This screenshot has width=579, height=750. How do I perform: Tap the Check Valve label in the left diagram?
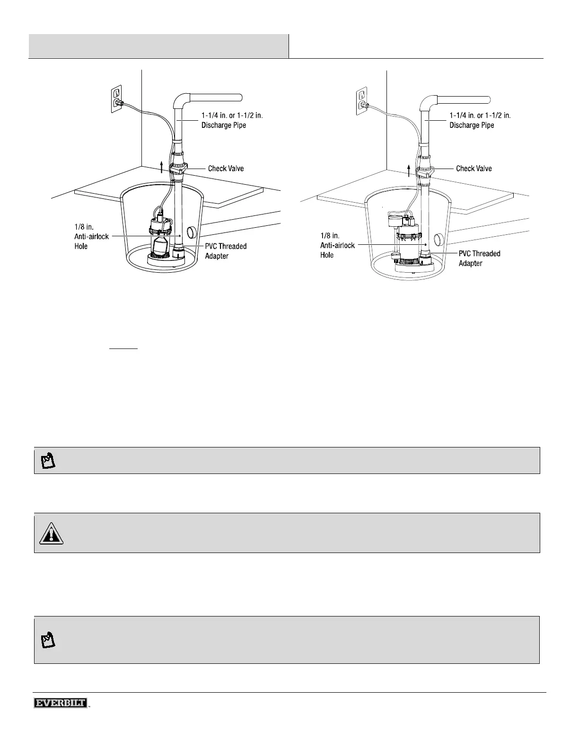226,169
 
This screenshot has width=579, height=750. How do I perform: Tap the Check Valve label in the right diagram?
474,169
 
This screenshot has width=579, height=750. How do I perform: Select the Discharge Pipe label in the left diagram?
232,120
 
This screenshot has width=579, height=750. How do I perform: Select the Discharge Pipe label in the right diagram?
480,120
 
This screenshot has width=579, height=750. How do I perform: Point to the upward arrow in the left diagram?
162,167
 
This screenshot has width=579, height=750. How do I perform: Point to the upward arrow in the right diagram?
410,170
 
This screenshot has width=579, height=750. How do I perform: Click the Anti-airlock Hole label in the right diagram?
337,245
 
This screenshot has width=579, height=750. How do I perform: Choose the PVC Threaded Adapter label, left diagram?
225,251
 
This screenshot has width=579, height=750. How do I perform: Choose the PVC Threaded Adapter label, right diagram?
479,259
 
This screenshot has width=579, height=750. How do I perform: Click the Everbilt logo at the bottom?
60,703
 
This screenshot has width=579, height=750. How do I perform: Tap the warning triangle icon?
51,533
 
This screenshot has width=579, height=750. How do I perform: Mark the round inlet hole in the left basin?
192,232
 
